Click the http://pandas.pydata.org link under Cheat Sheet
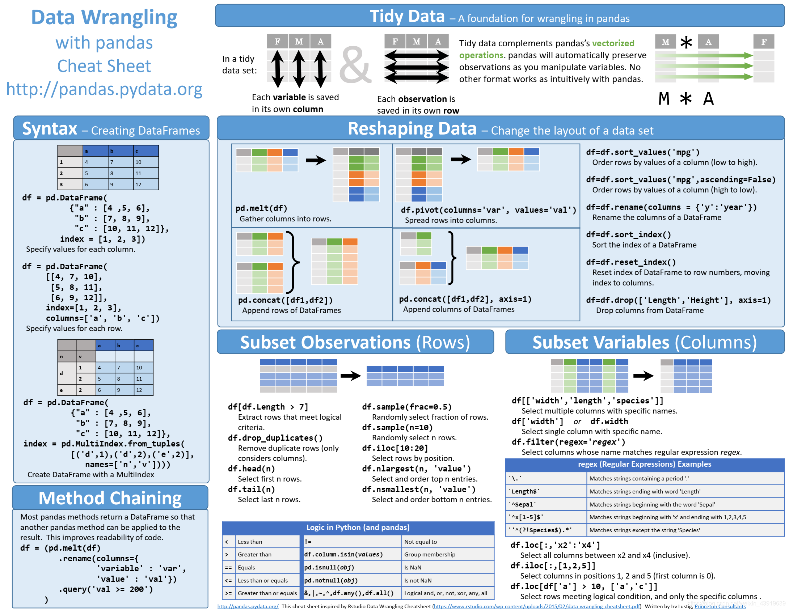104,89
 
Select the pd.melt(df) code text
261,208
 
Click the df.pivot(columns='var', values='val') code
488,210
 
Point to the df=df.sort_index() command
628,235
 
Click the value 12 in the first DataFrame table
138,185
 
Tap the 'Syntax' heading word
50,129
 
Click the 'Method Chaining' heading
110,498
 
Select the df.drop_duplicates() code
275,438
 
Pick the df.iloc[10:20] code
395,448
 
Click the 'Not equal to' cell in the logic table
421,542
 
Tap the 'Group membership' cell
430,554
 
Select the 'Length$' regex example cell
524,491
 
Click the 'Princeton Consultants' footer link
720,606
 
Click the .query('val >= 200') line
106,589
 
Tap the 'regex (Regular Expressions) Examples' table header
644,464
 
